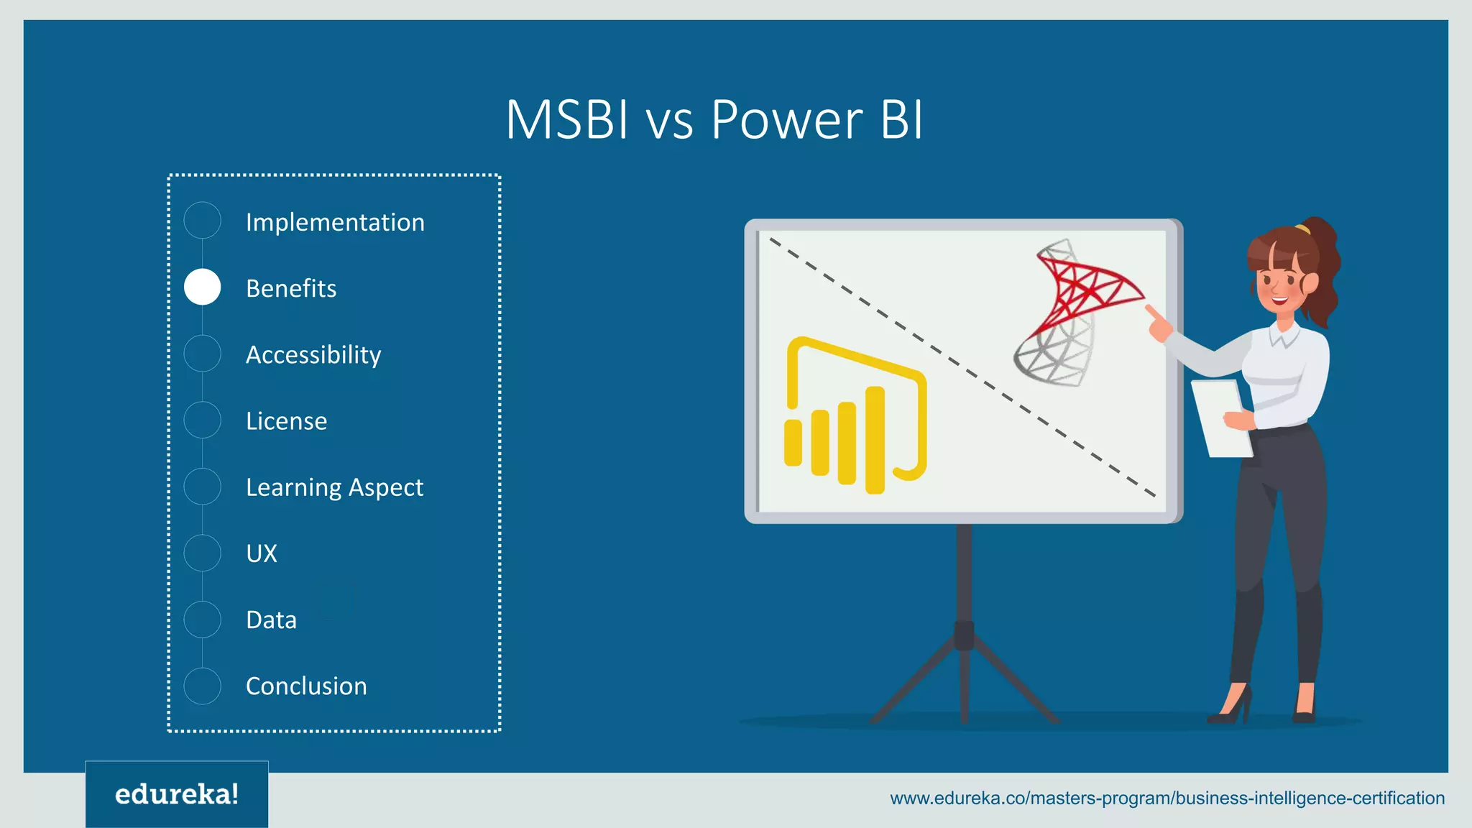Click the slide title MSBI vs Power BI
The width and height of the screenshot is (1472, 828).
tap(714, 119)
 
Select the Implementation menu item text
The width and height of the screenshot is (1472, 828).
tap(335, 222)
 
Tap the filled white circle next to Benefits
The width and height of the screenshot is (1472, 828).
tap(203, 287)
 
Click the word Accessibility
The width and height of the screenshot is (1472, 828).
tap(313, 354)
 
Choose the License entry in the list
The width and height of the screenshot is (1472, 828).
tap(286, 420)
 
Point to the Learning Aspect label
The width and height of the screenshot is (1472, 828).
tap(334, 487)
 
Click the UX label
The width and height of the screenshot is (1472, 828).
tap(262, 553)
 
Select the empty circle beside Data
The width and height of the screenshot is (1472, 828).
tap(203, 620)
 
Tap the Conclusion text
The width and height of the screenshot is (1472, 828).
tap(306, 686)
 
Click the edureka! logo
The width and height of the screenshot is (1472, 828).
tap(177, 794)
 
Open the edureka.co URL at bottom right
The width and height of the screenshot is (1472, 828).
tap(1167, 798)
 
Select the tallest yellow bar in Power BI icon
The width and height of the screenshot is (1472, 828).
tap(875, 440)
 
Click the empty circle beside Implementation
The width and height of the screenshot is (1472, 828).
tap(203, 221)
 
